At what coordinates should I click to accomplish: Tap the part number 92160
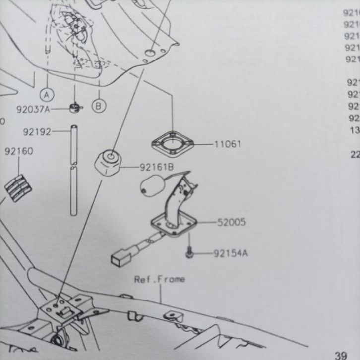click(x=19, y=151)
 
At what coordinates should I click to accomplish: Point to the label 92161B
click(x=156, y=167)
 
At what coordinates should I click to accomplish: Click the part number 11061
click(x=228, y=144)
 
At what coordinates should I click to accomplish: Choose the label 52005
click(x=231, y=222)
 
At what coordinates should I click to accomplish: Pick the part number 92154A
click(x=231, y=254)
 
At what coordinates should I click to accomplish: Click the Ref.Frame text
click(x=160, y=279)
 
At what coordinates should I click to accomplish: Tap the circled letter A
click(x=48, y=93)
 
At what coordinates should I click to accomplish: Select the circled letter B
click(x=98, y=105)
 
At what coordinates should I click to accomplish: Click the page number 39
click(x=340, y=355)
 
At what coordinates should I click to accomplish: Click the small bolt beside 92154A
click(x=189, y=252)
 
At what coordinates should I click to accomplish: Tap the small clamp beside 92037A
click(x=75, y=108)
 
